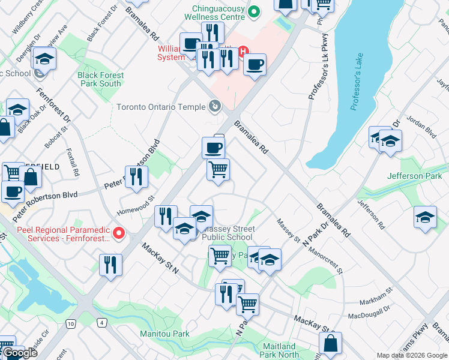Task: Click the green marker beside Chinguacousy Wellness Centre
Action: [253, 11]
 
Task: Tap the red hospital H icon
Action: [244, 52]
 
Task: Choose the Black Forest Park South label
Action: [100, 79]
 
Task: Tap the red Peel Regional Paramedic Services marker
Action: [119, 233]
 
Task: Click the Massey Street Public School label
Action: [228, 233]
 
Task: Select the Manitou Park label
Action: [164, 334]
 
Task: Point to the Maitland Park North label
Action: [279, 350]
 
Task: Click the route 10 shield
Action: [71, 324]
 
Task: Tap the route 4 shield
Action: [103, 323]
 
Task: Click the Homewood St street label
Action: [136, 205]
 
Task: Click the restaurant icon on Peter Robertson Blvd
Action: [136, 176]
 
